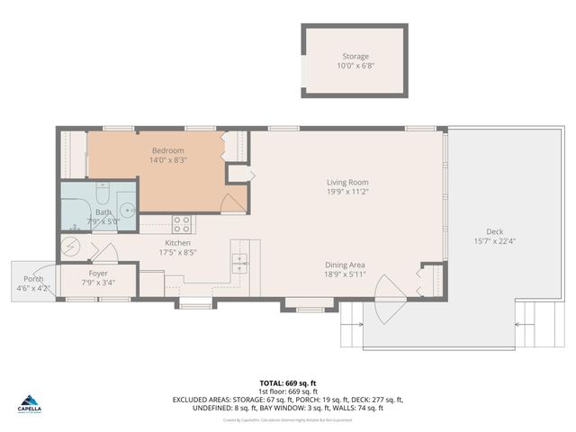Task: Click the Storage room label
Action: click(354, 57)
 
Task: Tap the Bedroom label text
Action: click(168, 150)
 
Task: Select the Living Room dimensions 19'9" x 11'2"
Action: click(347, 193)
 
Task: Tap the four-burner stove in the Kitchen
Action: click(181, 222)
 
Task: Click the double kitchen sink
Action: click(240, 263)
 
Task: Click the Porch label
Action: click(33, 279)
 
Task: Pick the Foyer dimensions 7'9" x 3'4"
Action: click(98, 283)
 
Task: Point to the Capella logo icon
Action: click(30, 400)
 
